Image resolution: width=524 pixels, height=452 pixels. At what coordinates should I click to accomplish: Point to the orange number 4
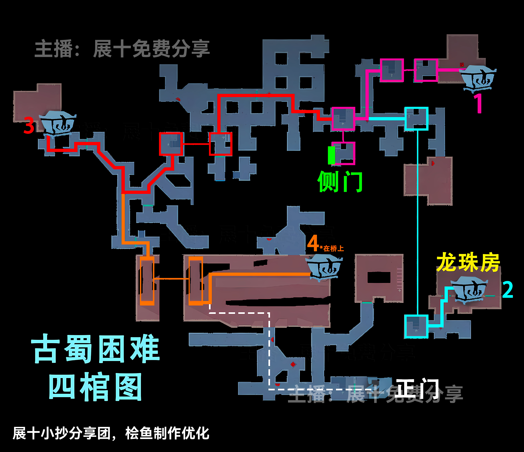(x=313, y=243)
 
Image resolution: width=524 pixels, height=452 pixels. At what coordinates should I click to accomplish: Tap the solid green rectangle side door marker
(x=331, y=155)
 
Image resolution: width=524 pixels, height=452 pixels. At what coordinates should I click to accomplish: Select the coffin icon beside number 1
(x=477, y=77)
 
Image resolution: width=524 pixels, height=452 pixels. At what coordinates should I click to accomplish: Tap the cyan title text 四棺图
(x=95, y=386)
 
